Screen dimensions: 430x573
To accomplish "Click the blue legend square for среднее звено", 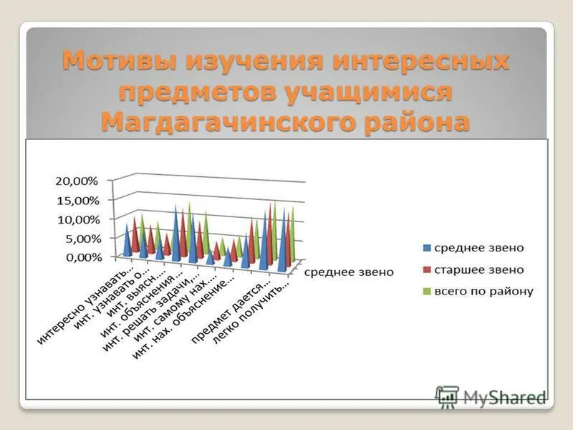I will coord(427,248).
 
